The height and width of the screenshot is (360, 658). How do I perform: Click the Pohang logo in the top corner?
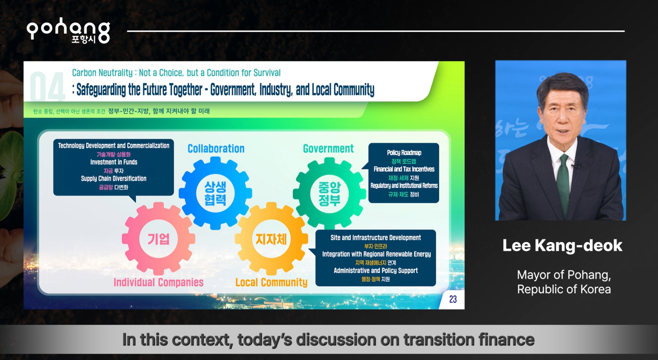pos(68,31)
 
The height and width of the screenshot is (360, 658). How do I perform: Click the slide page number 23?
pos(453,299)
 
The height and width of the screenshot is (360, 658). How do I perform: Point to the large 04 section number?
pos(48,87)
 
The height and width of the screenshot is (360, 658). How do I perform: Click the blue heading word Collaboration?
pos(216,149)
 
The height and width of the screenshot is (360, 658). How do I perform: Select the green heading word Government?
pos(328,149)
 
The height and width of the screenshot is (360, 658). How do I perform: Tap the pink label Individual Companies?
pos(158,282)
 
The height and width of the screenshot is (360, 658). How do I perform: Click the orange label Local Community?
pos(271,282)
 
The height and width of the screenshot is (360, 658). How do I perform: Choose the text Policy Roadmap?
pos(404,153)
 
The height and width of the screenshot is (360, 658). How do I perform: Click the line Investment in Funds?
pos(114,162)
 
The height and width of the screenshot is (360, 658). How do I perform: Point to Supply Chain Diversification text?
pos(114,178)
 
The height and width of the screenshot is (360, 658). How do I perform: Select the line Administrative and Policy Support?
pos(376,270)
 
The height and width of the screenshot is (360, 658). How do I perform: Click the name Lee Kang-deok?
pos(562,245)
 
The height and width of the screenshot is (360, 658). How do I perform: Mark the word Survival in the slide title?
pos(267,73)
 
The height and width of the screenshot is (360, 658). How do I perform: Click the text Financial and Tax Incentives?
pos(404,169)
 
